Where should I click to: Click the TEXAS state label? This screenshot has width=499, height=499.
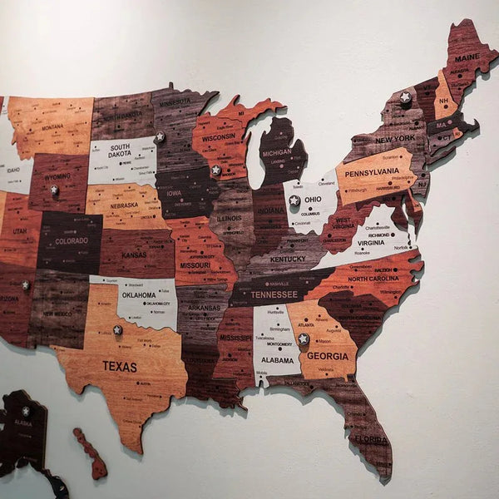point(120,366)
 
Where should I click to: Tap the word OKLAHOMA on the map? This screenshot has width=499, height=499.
point(139,294)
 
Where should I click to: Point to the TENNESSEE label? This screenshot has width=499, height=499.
point(274,294)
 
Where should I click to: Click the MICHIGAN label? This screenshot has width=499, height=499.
point(277,154)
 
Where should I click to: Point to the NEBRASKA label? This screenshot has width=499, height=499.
point(124,205)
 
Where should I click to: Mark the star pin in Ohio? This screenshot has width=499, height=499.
point(294,200)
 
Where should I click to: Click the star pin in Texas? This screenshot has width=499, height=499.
point(117,330)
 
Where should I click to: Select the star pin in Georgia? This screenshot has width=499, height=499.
point(304,338)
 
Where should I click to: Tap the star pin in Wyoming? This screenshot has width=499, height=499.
point(54,190)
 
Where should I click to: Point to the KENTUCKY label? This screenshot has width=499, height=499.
point(288,259)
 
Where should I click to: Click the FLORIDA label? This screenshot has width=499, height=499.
point(370,439)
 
